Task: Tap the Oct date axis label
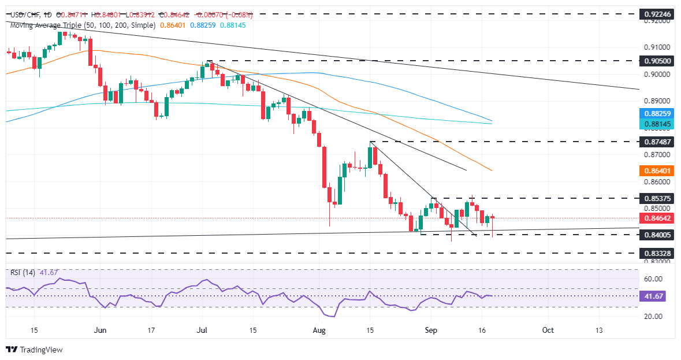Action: click(548, 330)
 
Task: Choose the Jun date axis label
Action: click(101, 330)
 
